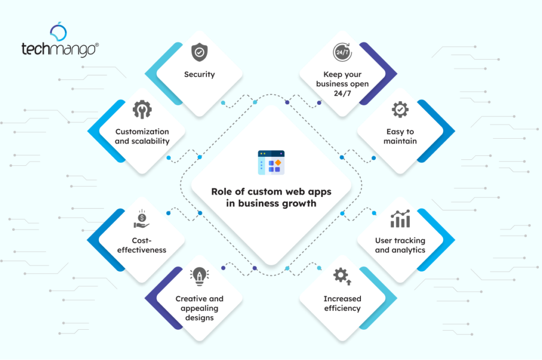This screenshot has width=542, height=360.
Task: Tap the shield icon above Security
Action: click(x=199, y=53)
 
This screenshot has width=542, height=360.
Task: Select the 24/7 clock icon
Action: click(x=341, y=53)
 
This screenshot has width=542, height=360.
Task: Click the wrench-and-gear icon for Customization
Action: click(x=142, y=110)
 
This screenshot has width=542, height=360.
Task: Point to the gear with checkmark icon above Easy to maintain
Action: click(x=400, y=110)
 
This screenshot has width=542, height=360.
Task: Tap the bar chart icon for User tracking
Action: click(x=400, y=219)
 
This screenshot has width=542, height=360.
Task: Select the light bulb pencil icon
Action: click(x=200, y=276)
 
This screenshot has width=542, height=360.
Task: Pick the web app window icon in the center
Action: click(x=271, y=163)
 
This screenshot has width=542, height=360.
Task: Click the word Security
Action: click(x=200, y=75)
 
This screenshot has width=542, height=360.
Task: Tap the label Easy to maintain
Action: click(x=400, y=136)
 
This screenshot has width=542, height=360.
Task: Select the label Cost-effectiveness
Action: click(x=142, y=245)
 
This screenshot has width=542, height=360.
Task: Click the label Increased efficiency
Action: click(x=342, y=303)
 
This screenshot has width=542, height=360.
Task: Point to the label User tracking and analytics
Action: click(x=400, y=245)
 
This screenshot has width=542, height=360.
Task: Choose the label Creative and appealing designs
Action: click(x=200, y=308)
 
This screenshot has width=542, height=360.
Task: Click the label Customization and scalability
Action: click(x=142, y=136)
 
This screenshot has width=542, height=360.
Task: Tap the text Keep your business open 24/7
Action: click(x=342, y=84)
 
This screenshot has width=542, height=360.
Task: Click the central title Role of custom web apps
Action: click(x=271, y=192)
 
